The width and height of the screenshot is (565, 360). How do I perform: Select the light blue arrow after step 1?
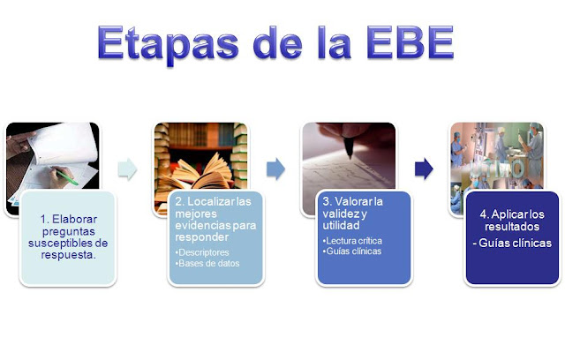pyautogui.click(x=127, y=167)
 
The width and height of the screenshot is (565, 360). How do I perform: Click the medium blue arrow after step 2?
pyautogui.click(x=275, y=167)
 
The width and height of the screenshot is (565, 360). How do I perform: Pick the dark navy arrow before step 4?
pyautogui.click(x=424, y=167)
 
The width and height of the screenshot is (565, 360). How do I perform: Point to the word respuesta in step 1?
pyautogui.click(x=68, y=254)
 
